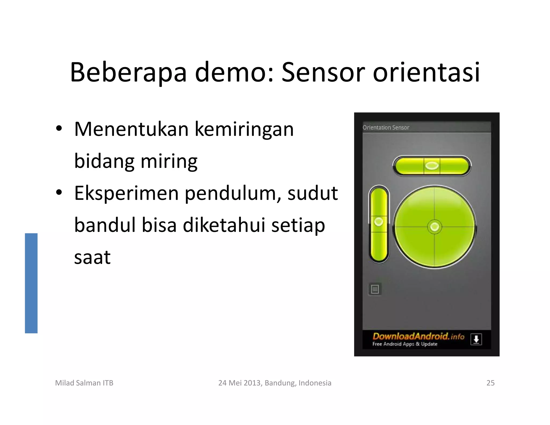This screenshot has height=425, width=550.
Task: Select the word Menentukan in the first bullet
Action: pyautogui.click(x=131, y=129)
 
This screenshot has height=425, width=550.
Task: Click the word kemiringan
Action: pyautogui.click(x=244, y=130)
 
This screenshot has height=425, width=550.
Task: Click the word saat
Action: pyautogui.click(x=92, y=257)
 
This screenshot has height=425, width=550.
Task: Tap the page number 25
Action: pyautogui.click(x=490, y=383)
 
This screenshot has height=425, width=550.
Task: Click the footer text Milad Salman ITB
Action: pyautogui.click(x=84, y=383)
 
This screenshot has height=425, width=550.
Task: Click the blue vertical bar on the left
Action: pyautogui.click(x=31, y=283)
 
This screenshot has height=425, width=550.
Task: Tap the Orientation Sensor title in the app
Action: pyautogui.click(x=386, y=127)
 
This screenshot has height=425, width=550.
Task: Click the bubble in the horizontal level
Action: pyautogui.click(x=432, y=166)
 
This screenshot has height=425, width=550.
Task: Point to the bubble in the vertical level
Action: pyautogui.click(x=379, y=222)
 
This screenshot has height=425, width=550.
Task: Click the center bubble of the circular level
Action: pyautogui.click(x=435, y=227)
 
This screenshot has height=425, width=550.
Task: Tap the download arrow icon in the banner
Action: pyautogui.click(x=476, y=339)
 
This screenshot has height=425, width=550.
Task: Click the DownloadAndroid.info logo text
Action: pyautogui.click(x=418, y=336)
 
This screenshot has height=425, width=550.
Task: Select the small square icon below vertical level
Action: pyautogui.click(x=375, y=289)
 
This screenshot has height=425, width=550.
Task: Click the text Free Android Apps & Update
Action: pyautogui.click(x=405, y=344)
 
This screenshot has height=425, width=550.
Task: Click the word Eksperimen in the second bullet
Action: pyautogui.click(x=126, y=193)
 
